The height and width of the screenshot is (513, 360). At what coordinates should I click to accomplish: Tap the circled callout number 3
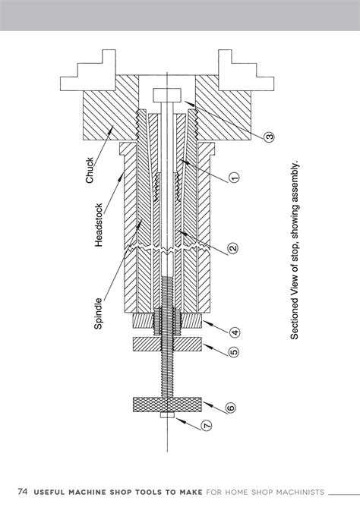pyautogui.click(x=269, y=137)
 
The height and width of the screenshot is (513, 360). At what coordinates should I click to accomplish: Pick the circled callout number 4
pyautogui.click(x=235, y=332)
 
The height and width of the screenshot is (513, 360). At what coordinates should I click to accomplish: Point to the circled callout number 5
pyautogui.click(x=234, y=352)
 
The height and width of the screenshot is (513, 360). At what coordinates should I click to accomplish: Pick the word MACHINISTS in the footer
pyautogui.click(x=299, y=492)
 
